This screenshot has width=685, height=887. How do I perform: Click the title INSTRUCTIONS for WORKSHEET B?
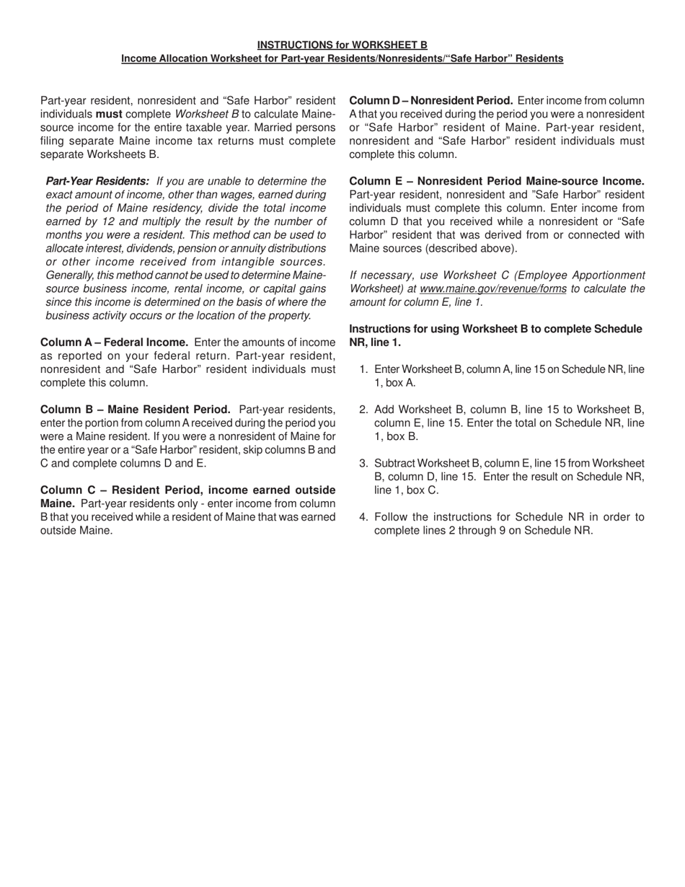(x=342, y=45)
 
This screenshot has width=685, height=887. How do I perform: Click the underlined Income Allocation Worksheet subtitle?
(x=342, y=58)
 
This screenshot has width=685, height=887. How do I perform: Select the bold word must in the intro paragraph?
(x=110, y=114)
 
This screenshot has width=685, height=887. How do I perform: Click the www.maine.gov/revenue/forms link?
(x=492, y=288)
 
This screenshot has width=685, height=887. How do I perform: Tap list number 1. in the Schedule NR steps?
(x=364, y=369)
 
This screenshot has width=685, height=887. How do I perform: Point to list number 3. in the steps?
(x=364, y=463)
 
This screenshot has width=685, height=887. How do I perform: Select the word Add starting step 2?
(x=384, y=410)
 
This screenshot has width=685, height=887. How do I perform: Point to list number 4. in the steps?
(x=364, y=517)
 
